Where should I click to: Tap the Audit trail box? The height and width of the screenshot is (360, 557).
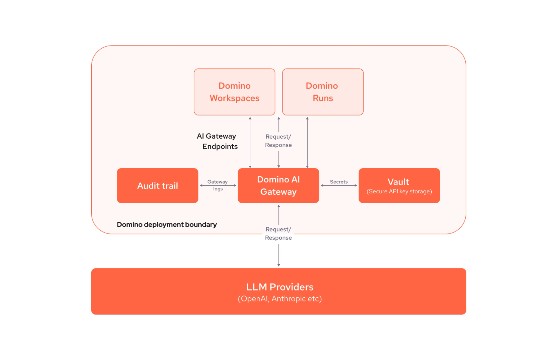[x=157, y=185]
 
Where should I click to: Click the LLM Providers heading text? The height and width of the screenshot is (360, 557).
[x=279, y=287]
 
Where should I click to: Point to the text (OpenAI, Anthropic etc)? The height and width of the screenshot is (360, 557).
[x=279, y=299]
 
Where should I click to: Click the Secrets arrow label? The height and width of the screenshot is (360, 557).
[x=338, y=182]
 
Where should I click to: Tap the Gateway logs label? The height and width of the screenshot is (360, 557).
[x=217, y=185]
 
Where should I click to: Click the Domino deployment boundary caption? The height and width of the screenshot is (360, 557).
[x=167, y=225]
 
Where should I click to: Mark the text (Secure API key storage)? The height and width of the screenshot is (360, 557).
[x=399, y=191]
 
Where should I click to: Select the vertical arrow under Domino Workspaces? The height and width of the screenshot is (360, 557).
[x=250, y=142]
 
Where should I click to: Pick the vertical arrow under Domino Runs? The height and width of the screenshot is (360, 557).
[x=307, y=142]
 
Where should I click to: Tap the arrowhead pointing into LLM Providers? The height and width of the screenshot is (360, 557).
[x=278, y=265]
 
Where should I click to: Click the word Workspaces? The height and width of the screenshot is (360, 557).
[x=234, y=98]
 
